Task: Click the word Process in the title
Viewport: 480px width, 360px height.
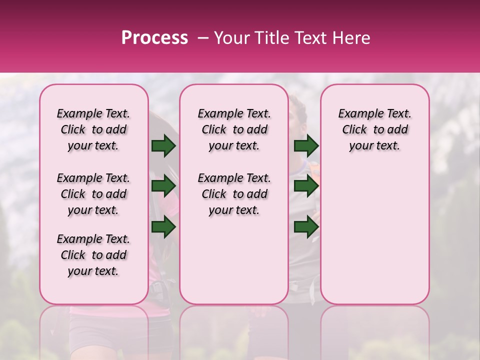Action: [x=154, y=38]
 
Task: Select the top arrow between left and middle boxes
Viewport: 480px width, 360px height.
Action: [x=163, y=145]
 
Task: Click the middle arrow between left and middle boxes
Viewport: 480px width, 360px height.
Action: [x=163, y=186]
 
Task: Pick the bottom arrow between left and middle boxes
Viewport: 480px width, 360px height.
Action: [x=163, y=227]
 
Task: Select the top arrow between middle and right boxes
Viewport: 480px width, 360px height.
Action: [x=306, y=145]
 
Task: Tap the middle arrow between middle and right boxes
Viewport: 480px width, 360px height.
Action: [x=306, y=186]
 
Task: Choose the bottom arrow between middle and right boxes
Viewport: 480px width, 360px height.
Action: [x=306, y=227]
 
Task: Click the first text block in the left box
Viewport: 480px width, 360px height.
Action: [x=93, y=129]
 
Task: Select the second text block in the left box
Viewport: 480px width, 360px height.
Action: [x=93, y=194]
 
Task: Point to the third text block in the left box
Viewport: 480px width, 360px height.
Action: [x=93, y=255]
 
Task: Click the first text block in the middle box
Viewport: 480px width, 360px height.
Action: [x=234, y=129]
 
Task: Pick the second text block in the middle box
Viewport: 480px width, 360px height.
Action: [x=234, y=194]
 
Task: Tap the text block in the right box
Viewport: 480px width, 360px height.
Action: [x=375, y=129]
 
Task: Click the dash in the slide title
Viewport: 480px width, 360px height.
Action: [x=203, y=38]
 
